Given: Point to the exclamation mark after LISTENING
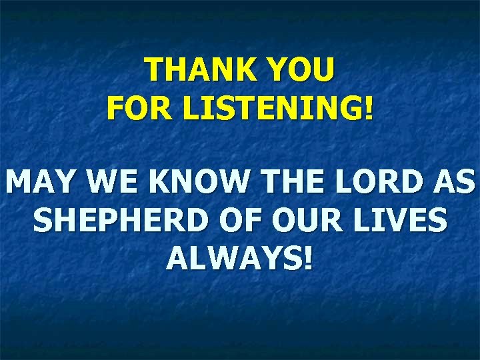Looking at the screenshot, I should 369,109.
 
